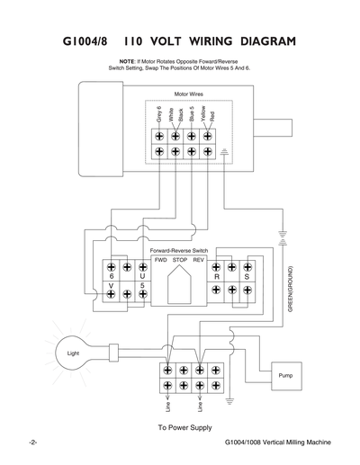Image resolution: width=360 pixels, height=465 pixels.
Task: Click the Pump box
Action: pyautogui.click(x=286, y=374)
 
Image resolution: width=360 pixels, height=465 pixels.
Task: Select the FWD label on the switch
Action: pyautogui.click(x=161, y=259)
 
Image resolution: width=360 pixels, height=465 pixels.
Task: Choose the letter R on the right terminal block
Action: pyautogui.click(x=217, y=278)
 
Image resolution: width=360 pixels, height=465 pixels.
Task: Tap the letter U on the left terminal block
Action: pyautogui.click(x=142, y=278)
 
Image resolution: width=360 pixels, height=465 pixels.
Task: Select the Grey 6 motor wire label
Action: pyautogui.click(x=159, y=115)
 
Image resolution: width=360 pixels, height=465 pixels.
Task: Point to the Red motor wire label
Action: pyautogui.click(x=211, y=116)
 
